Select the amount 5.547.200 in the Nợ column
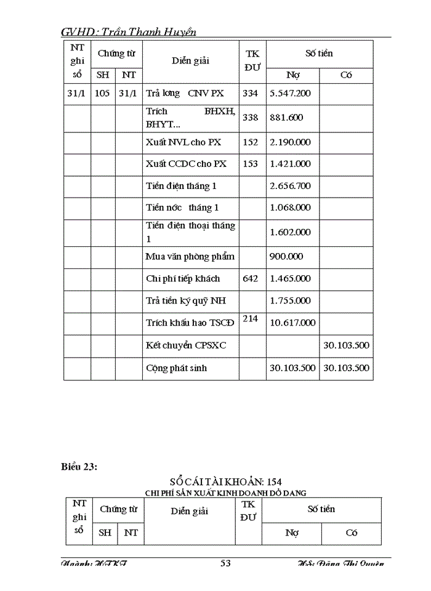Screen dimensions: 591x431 click(290, 94)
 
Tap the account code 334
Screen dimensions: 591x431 click(251, 94)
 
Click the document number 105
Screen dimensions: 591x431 click(102, 94)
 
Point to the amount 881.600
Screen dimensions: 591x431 click(286, 118)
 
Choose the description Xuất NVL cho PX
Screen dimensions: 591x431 click(183, 142)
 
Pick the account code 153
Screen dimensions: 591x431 click(251, 164)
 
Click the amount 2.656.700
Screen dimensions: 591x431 click(290, 186)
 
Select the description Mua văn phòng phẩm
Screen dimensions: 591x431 click(190, 257)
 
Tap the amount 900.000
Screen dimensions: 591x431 click(286, 257)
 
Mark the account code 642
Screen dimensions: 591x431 click(251, 278)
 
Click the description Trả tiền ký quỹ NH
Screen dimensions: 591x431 click(185, 300)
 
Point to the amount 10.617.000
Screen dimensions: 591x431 click(292, 323)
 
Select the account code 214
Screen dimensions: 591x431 click(251, 318)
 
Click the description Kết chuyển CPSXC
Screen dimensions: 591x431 click(186, 345)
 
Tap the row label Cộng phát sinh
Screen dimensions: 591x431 click(176, 368)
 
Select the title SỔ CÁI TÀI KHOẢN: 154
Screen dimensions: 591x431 click(225, 481)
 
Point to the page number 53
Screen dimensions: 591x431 click(225, 563)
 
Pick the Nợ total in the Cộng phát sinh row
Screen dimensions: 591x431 click(292, 368)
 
